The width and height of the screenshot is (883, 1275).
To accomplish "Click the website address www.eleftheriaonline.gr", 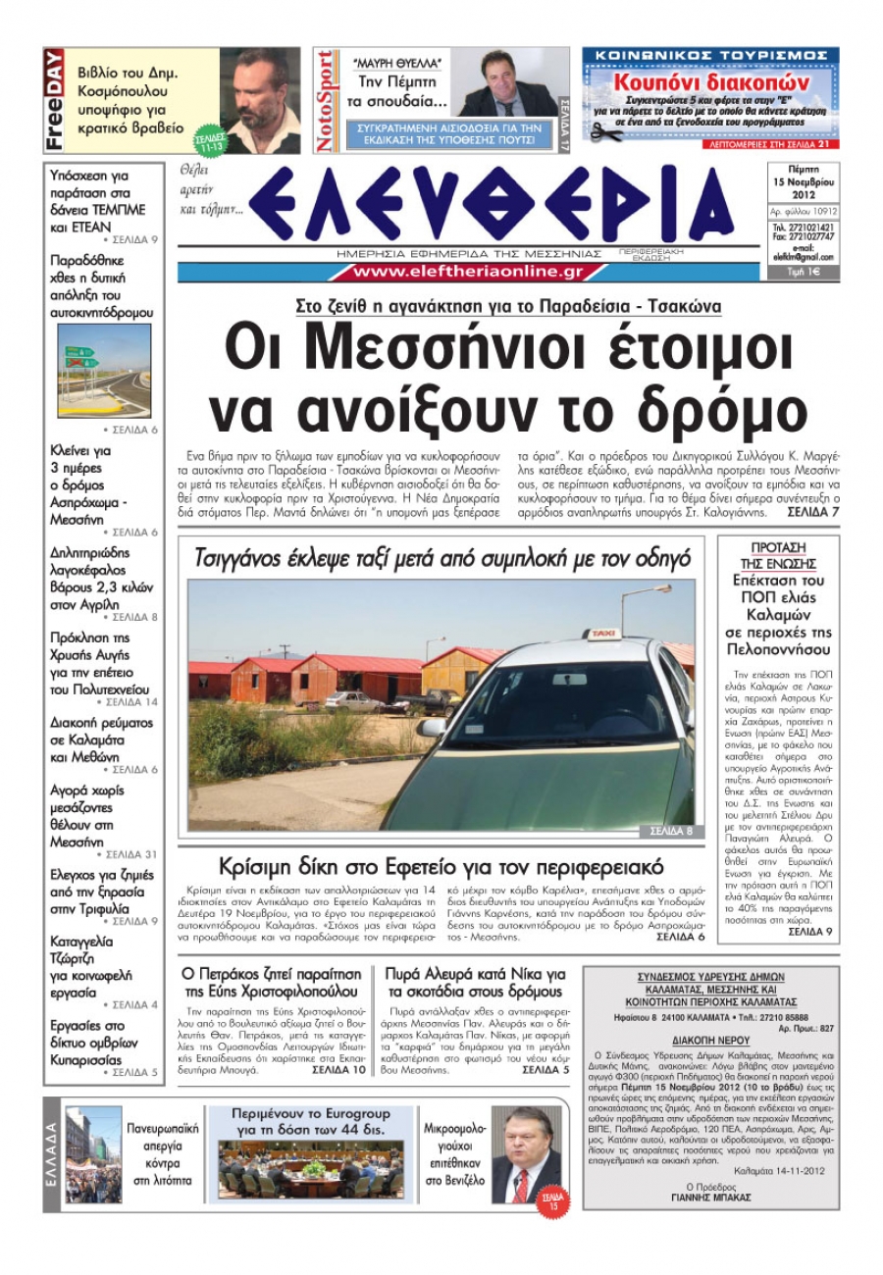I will point(468,272).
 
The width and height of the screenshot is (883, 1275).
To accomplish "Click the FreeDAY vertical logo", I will point(55,100).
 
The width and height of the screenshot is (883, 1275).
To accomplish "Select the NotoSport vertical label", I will point(324,101).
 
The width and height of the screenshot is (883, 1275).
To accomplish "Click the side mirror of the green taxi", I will point(433,727).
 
